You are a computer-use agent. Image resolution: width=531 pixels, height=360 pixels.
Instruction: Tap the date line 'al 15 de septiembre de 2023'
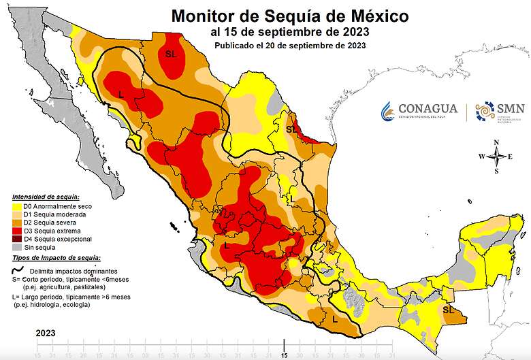pyautogui.click(x=291, y=31)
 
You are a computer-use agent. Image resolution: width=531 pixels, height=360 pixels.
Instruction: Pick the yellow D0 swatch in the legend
pyautogui.click(x=17, y=206)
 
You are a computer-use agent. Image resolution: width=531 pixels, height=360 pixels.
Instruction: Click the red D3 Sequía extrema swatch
pyautogui.click(x=17, y=231)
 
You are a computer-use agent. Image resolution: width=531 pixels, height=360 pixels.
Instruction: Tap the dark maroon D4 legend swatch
pyautogui.click(x=17, y=239)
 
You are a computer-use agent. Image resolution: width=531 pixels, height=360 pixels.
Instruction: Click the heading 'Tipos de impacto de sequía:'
pyautogui.click(x=56, y=258)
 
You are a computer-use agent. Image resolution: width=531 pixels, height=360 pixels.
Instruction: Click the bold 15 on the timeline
pyautogui.click(x=285, y=355)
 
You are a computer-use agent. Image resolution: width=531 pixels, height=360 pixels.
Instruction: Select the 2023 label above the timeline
pyautogui.click(x=46, y=333)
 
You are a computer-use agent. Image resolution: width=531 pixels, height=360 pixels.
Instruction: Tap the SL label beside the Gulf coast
pyautogui.click(x=291, y=129)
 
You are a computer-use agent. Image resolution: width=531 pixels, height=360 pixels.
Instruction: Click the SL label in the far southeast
pyautogui.click(x=448, y=310)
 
